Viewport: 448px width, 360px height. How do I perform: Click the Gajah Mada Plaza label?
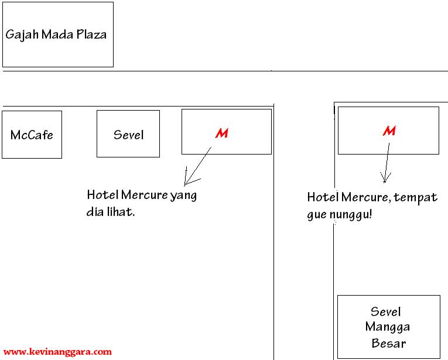pos(56,35)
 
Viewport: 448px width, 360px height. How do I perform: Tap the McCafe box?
pos(32,135)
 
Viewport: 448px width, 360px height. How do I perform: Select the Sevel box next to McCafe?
pos(128,135)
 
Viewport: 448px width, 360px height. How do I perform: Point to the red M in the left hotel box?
pos(221,133)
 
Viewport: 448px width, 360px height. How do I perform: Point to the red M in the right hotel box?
pos(389,131)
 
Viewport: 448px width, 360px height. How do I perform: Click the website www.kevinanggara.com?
pos(57,352)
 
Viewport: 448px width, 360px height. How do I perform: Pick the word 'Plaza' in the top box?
pos(91,35)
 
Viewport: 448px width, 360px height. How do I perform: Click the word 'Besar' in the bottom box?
pos(388,343)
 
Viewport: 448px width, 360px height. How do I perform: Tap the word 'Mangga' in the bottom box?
pos(388,327)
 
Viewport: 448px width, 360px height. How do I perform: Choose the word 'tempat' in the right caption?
pos(416,198)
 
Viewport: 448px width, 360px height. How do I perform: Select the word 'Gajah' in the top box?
pos(20,35)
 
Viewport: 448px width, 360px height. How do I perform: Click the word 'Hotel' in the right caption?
pos(322,197)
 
